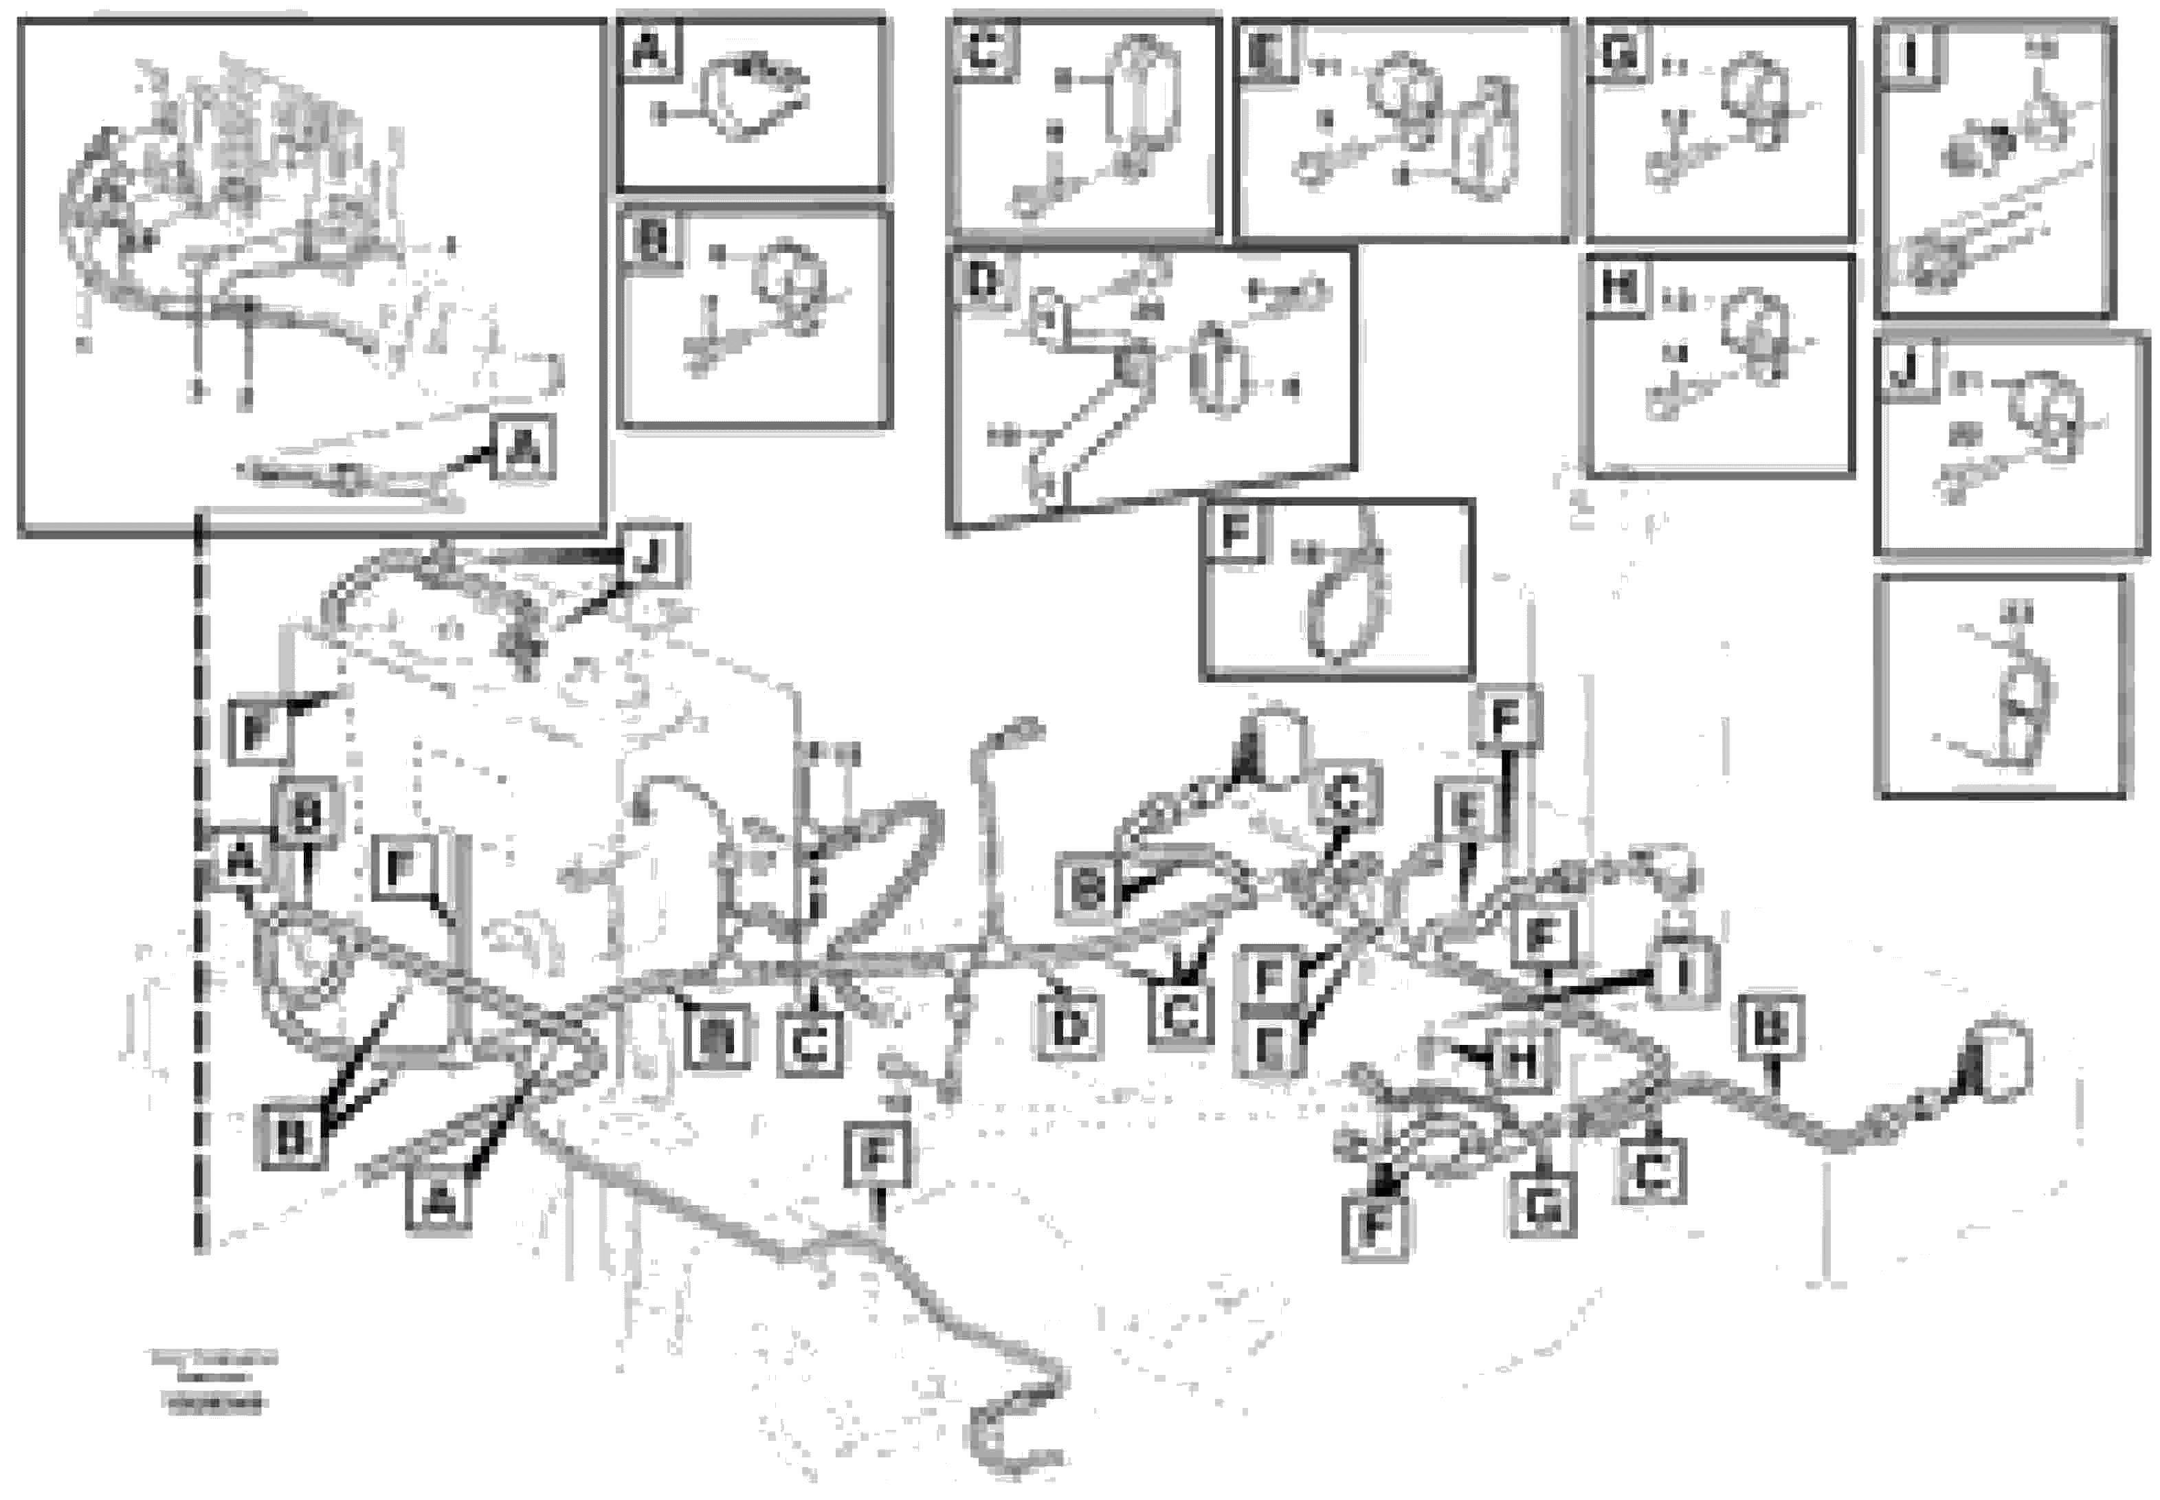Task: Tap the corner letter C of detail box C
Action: click(x=983, y=49)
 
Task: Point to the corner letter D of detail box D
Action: click(x=983, y=280)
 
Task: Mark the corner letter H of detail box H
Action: click(x=1618, y=286)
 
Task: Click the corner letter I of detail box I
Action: click(x=1909, y=56)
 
